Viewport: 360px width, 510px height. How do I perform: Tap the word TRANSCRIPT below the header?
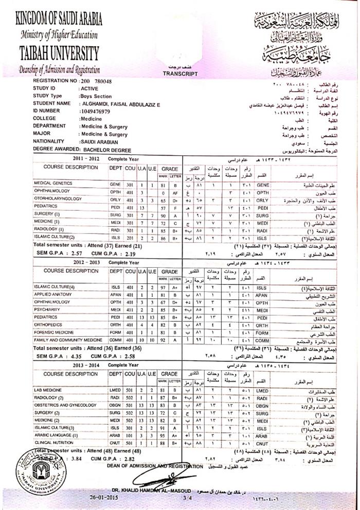(180, 74)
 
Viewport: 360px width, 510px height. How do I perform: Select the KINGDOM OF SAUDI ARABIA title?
(59, 20)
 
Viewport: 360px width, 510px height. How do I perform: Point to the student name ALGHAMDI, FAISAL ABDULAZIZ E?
(119, 103)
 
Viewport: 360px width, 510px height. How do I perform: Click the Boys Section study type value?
(96, 96)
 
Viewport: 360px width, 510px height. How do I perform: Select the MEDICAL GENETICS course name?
(54, 184)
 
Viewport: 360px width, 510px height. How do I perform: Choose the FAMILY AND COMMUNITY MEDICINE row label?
(68, 340)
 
